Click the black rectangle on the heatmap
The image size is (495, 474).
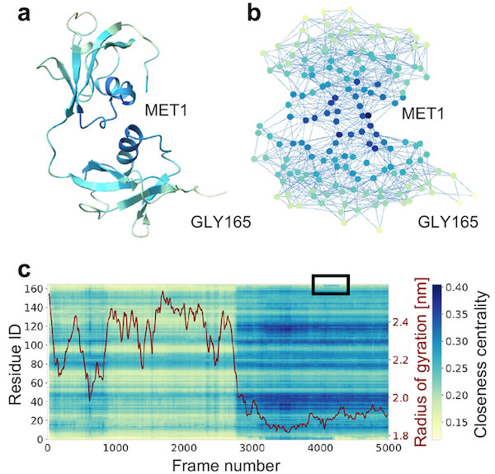331,284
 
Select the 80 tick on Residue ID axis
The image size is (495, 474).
36,364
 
